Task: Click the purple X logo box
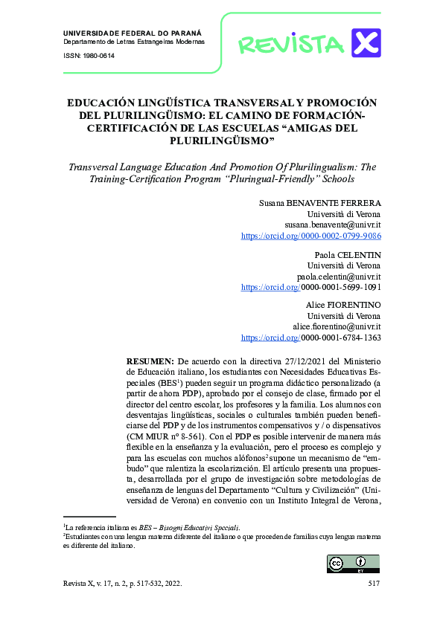(x=366, y=42)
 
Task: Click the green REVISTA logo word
(x=291, y=44)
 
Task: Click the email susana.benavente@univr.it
(x=333, y=224)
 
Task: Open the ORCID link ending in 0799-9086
(x=311, y=235)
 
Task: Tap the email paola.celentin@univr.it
(x=339, y=276)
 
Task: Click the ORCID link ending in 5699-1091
(x=311, y=286)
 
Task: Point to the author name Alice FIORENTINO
(x=343, y=306)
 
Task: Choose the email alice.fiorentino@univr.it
(x=337, y=326)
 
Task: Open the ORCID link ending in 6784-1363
(x=311, y=338)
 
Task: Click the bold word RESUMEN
(x=150, y=361)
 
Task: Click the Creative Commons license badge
(x=347, y=564)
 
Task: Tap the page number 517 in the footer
(x=374, y=584)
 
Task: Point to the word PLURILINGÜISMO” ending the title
(x=221, y=140)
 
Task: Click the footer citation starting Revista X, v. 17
(x=123, y=584)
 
